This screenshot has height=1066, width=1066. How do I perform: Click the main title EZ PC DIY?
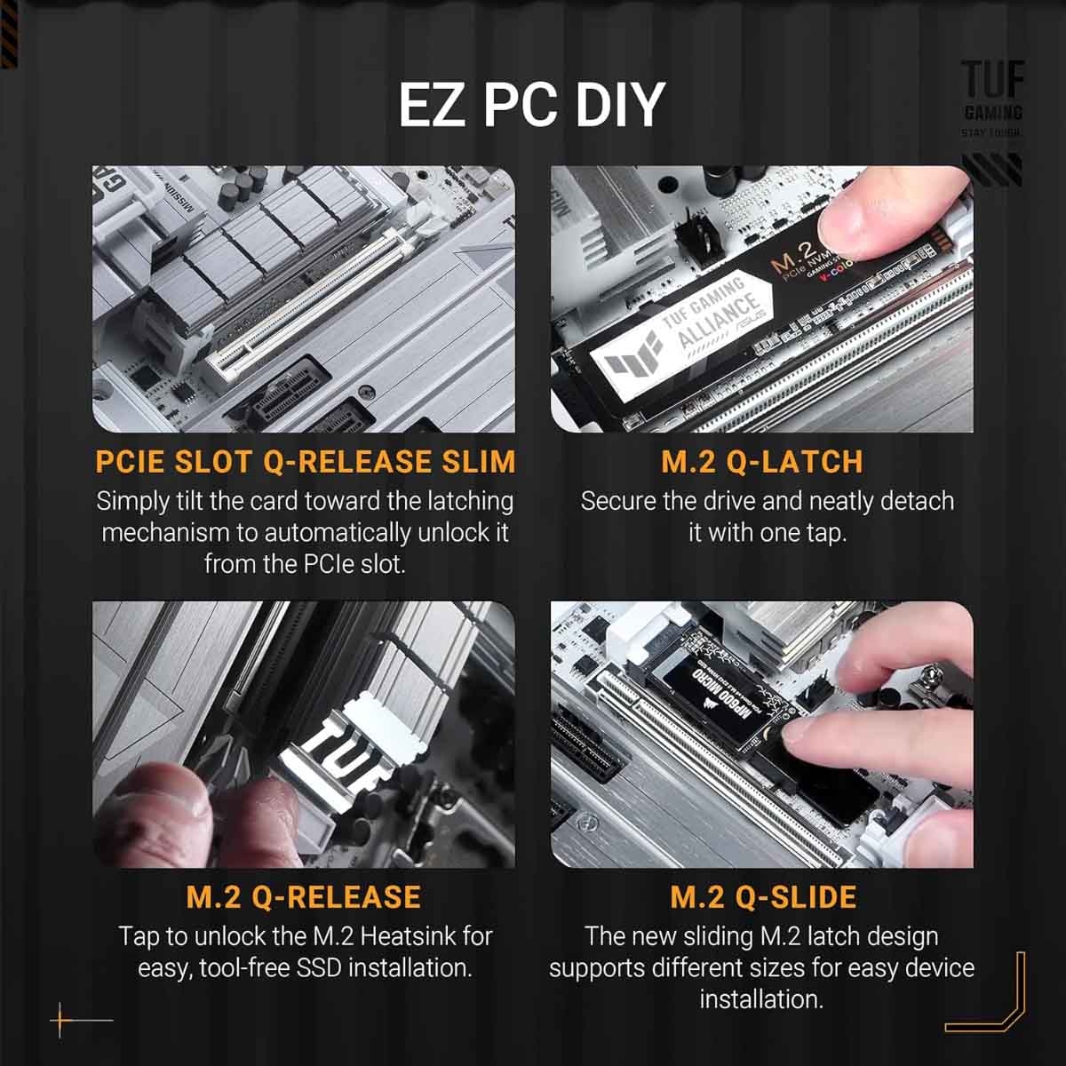[531, 105]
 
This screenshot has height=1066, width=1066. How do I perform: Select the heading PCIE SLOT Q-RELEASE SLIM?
[305, 462]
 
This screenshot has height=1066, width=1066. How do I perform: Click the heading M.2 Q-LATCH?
[762, 462]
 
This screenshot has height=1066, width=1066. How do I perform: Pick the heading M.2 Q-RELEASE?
[304, 896]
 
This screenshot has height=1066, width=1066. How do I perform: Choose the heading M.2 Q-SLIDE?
[762, 896]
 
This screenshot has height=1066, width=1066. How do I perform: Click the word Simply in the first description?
[131, 501]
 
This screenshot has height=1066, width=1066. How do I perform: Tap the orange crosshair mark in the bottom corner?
[61, 1020]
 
